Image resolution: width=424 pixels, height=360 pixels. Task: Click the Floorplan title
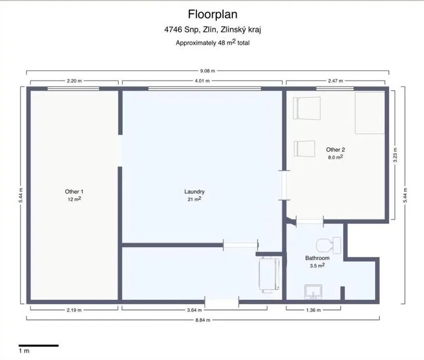pos(213,14)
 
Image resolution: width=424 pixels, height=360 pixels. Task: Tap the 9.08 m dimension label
pos(208,71)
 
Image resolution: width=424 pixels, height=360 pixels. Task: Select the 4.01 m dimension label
pos(202,81)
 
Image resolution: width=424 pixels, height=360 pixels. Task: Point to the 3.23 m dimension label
pos(395,155)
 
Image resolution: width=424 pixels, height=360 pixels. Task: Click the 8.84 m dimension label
pos(203,320)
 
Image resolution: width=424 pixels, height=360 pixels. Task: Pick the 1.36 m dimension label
pos(313,310)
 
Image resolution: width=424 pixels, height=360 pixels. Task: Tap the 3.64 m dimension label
pos(194,310)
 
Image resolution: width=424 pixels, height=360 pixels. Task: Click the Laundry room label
pos(194,192)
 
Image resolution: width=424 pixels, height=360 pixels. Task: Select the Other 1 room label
pos(74,192)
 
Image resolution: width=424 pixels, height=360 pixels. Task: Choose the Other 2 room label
pos(335,150)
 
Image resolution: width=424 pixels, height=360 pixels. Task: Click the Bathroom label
pos(317,258)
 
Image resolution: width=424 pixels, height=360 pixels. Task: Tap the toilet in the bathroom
pos(328,245)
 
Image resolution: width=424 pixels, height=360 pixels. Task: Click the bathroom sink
pos(313,292)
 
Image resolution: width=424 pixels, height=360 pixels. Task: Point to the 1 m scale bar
pos(39,346)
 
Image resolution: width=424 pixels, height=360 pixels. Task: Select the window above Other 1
pos(73,89)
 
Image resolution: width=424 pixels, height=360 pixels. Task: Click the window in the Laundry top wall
pos(205,89)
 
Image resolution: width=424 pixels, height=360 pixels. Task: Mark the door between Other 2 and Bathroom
pos(310,221)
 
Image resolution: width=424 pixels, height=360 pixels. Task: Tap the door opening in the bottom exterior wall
pos(222,302)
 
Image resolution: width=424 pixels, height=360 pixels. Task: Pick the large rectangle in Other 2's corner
pos(370,113)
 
